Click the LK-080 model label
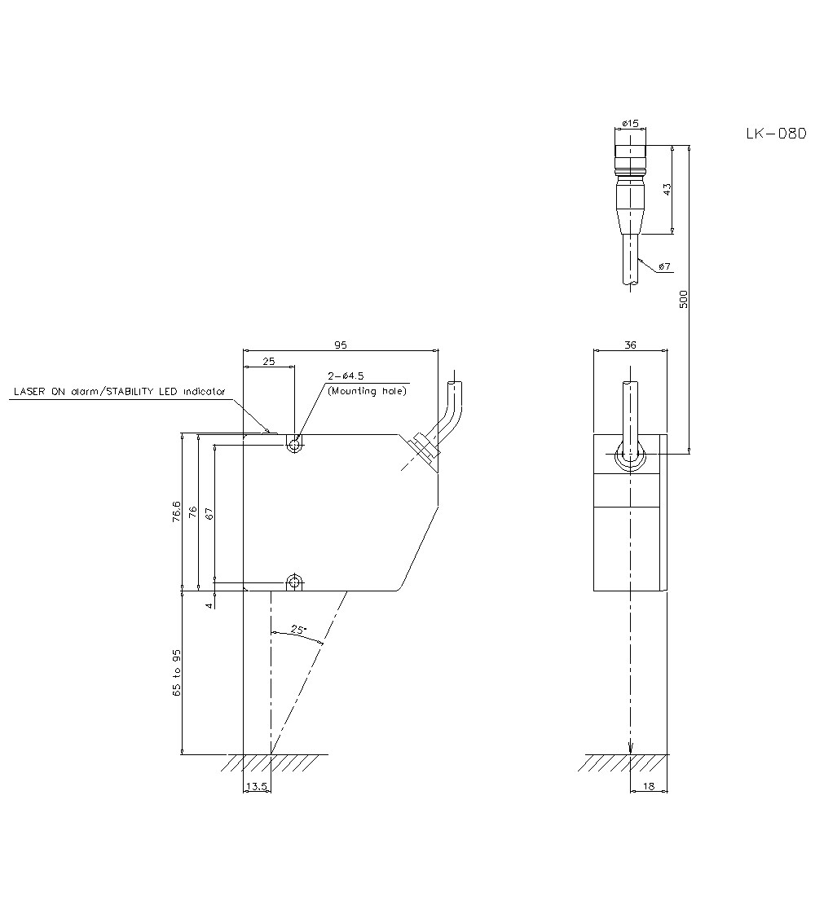click(775, 134)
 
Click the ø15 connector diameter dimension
click(629, 123)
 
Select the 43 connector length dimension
click(666, 189)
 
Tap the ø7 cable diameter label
click(664, 266)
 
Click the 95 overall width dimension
click(341, 345)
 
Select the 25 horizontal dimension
click(268, 361)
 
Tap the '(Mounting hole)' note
click(367, 391)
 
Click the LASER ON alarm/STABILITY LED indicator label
click(119, 392)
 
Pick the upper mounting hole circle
click(294, 445)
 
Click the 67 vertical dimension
click(209, 513)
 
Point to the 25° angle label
click(297, 630)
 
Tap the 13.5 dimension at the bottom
click(256, 785)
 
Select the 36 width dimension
click(629, 345)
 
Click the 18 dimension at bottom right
click(649, 785)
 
